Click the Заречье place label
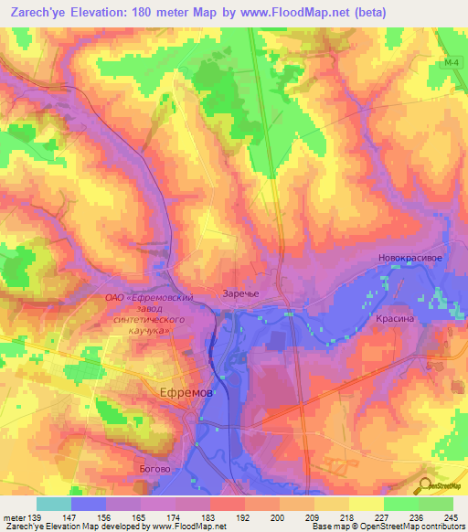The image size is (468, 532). (242, 293)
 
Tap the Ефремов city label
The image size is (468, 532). (186, 390)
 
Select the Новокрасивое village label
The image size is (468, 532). (410, 259)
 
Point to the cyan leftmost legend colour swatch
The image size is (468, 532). (53, 504)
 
